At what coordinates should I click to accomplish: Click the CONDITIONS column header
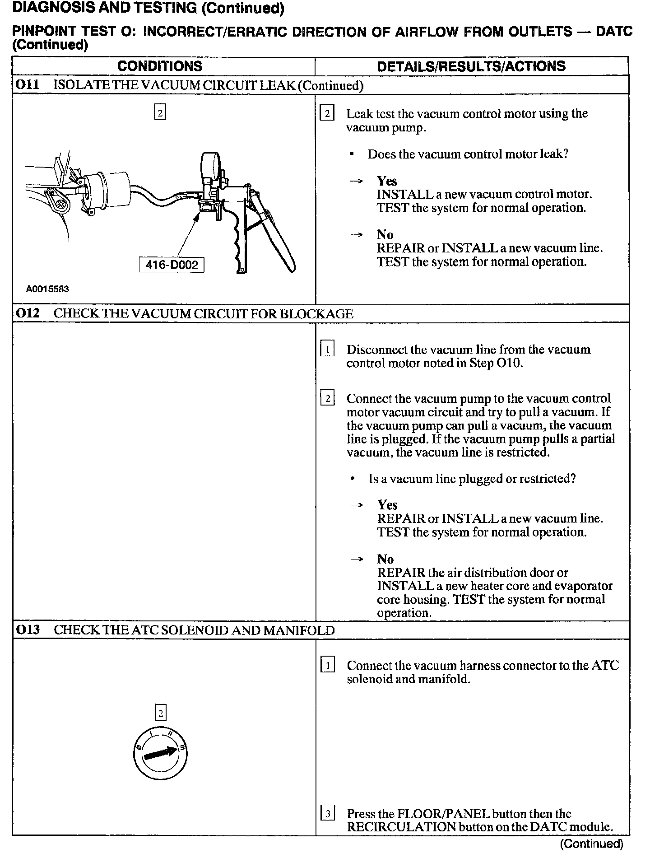pyautogui.click(x=160, y=66)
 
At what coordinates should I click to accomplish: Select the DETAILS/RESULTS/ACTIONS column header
pyautogui.click(x=471, y=66)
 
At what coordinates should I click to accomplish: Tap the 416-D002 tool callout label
pyautogui.click(x=172, y=265)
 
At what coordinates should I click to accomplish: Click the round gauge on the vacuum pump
pyautogui.click(x=210, y=165)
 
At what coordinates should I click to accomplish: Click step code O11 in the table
pyautogui.click(x=28, y=85)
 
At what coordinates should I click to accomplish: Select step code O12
pyautogui.click(x=28, y=313)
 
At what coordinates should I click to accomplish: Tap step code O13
pyautogui.click(x=28, y=630)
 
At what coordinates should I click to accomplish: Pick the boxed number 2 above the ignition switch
pyautogui.click(x=160, y=713)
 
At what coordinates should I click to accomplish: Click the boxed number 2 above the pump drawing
pyautogui.click(x=160, y=112)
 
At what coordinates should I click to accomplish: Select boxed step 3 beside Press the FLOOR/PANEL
pyautogui.click(x=327, y=814)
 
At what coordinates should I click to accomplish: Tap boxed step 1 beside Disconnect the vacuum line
pyautogui.click(x=327, y=350)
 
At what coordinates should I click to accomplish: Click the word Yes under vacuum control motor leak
pyautogui.click(x=387, y=181)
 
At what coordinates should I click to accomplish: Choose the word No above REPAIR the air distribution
pyautogui.click(x=385, y=559)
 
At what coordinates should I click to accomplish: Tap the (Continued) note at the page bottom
pyautogui.click(x=591, y=844)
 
